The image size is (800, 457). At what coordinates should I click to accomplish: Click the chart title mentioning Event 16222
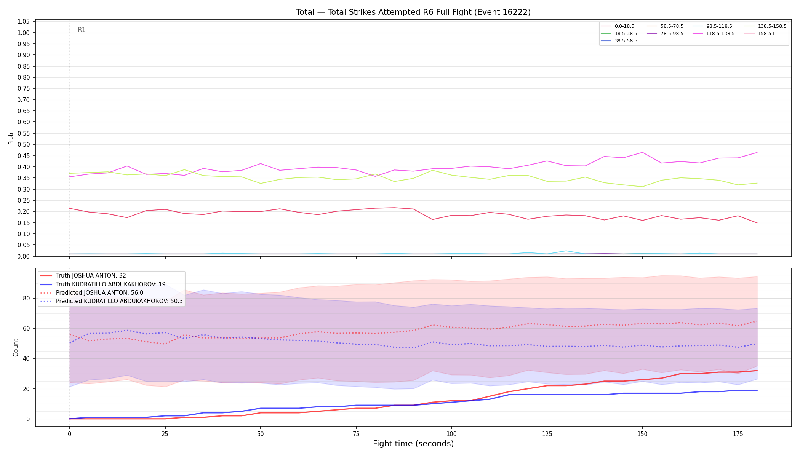coord(413,12)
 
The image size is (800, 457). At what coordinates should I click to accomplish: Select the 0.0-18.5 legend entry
coord(618,26)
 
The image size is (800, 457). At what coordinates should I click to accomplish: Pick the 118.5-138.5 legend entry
coord(713,34)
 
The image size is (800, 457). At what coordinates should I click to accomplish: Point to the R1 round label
coord(82,30)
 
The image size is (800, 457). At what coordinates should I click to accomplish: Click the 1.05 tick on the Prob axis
coord(24,22)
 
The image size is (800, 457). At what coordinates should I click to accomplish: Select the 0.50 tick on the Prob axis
coord(24,145)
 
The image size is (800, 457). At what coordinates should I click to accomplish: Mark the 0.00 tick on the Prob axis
coord(24,256)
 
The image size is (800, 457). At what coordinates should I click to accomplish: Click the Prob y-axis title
coord(11,138)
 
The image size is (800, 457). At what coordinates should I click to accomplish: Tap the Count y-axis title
coord(16,347)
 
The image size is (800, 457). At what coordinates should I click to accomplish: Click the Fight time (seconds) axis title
coord(413,444)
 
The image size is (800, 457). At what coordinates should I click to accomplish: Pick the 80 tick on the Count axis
coord(26,299)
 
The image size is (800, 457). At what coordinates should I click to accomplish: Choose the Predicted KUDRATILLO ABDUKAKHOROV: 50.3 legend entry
coord(111,301)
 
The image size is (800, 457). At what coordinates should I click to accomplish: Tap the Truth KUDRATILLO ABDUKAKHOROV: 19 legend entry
coord(103,284)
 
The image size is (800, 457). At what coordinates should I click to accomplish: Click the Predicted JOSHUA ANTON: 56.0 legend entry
coord(92,293)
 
